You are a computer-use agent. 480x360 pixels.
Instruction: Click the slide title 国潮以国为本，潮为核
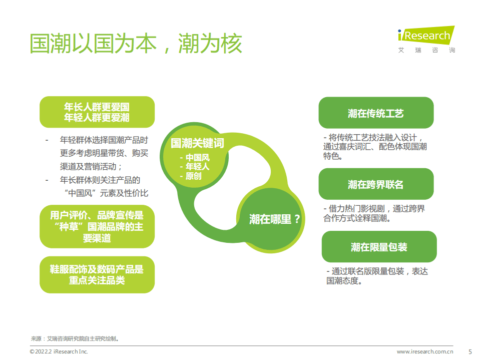[x=136, y=44]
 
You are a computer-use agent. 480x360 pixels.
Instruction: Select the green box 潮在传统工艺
[x=376, y=114]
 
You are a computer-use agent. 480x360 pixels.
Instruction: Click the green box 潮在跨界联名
[x=376, y=185]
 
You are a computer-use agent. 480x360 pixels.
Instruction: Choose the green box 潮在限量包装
[x=379, y=247]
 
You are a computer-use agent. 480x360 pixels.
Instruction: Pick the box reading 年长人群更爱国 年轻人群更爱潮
[x=97, y=112]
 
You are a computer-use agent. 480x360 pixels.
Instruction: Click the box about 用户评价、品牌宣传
[x=97, y=227]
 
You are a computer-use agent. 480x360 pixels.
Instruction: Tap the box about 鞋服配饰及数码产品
[x=97, y=275]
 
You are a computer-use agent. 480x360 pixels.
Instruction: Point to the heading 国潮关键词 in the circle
[x=197, y=144]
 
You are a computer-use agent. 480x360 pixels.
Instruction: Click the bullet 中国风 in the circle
[x=197, y=158]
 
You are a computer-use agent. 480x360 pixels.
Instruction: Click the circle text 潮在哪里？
[x=275, y=219]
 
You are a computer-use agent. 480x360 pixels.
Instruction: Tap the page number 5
[x=469, y=351]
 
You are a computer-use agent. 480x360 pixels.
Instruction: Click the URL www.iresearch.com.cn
[x=425, y=352]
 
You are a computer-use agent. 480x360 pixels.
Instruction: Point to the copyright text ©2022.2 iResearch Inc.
[x=59, y=352]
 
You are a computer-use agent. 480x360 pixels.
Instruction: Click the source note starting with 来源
[x=75, y=338]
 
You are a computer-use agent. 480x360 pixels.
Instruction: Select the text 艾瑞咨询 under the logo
[x=426, y=50]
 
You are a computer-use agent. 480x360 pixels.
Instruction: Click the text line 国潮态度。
[x=344, y=281]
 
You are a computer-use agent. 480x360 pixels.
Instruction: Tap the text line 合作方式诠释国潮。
[x=357, y=218]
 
